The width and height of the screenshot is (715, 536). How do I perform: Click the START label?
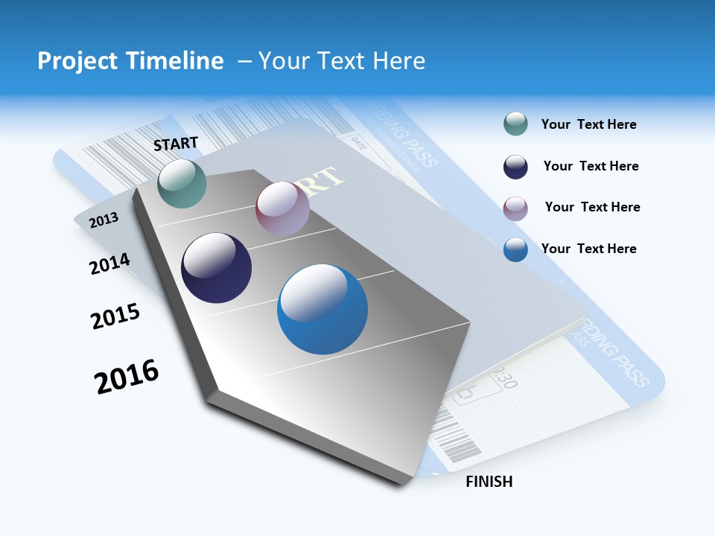176,144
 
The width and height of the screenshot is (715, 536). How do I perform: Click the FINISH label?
489,482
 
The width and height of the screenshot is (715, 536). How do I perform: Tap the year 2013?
104,220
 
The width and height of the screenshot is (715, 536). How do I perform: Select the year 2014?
109,264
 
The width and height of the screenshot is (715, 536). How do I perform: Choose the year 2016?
127,377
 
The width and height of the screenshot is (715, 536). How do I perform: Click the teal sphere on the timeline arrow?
182,183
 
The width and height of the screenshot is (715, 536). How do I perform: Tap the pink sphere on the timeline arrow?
282,208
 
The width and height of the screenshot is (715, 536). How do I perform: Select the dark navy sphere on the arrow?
216,268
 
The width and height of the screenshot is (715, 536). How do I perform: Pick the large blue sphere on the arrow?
322,309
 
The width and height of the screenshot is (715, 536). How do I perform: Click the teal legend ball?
515,124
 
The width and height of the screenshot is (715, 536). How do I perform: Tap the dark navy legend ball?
515,167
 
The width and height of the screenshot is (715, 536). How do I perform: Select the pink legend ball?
515,208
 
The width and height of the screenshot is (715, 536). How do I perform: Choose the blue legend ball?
515,249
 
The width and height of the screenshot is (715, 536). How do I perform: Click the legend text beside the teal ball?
588,125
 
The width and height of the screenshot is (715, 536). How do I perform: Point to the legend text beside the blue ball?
588,249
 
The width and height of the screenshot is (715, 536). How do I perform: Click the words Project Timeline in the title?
130,61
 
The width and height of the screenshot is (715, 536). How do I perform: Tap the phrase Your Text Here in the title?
342,61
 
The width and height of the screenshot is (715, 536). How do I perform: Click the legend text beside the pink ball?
592,207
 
